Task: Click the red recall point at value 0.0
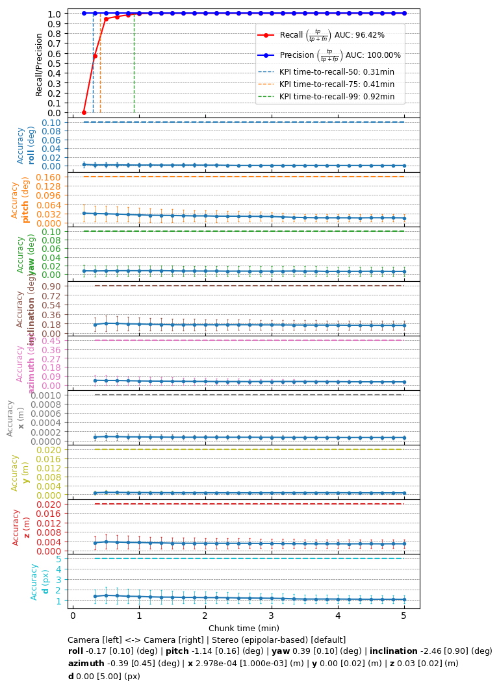click(x=84, y=112)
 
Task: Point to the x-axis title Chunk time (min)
click(x=244, y=628)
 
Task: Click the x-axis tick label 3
click(x=272, y=616)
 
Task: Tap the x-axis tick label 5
click(x=404, y=616)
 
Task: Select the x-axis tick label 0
click(x=73, y=616)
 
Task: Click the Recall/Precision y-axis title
click(x=39, y=64)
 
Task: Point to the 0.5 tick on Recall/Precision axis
click(x=55, y=63)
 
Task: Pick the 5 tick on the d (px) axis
click(x=58, y=558)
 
